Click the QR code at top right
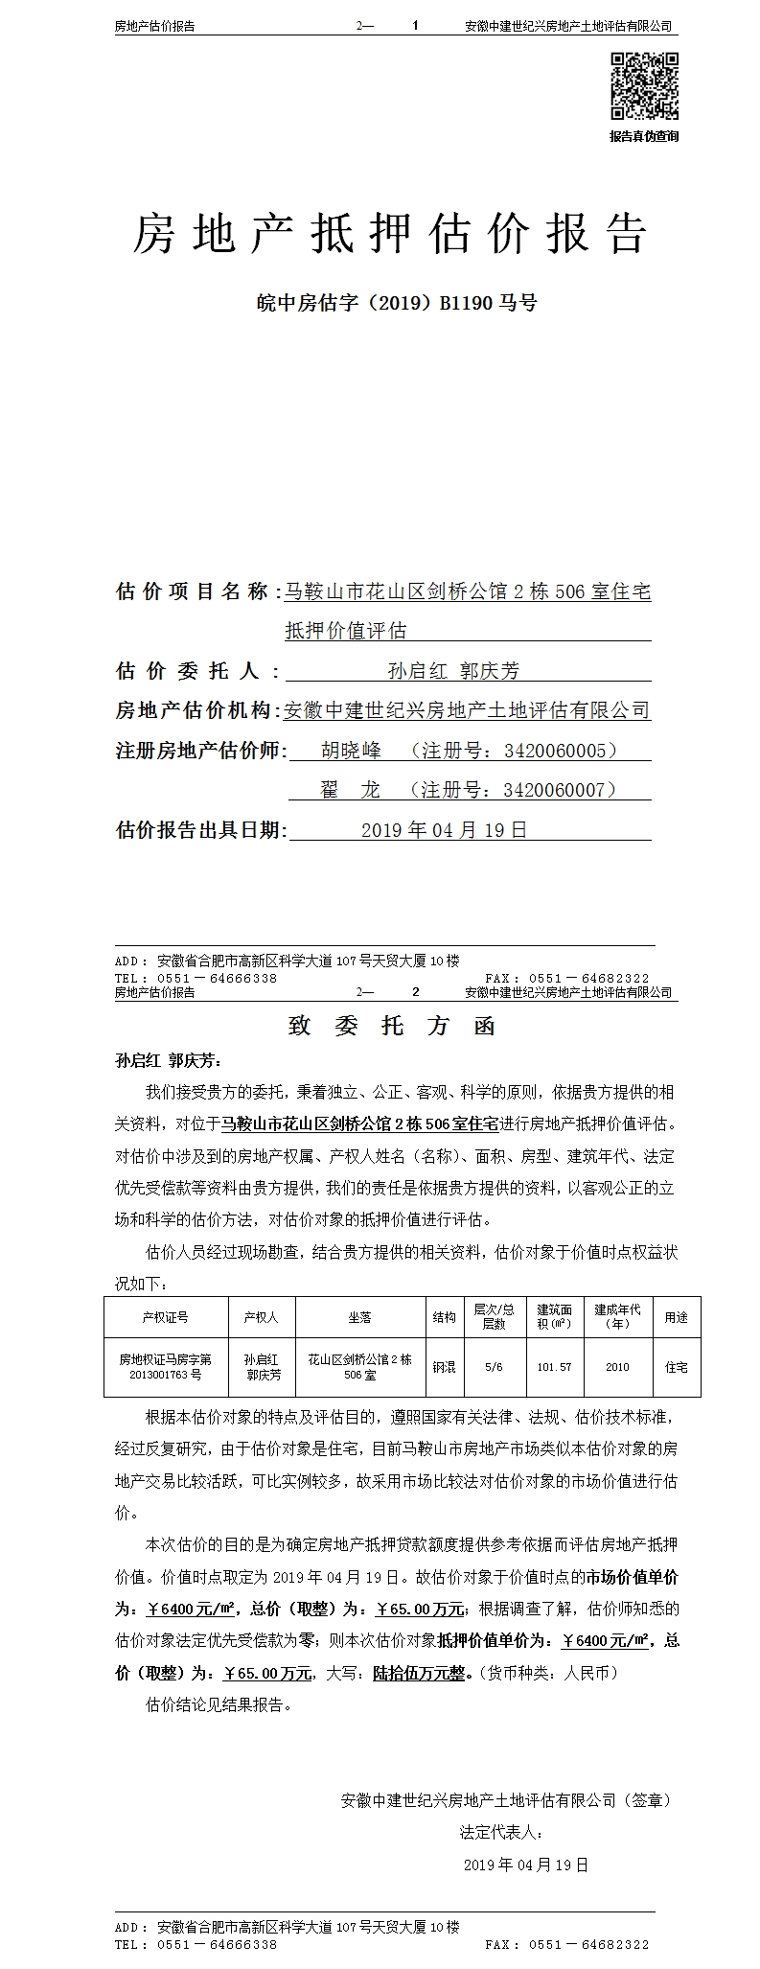click(643, 86)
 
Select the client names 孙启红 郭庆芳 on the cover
click(453, 671)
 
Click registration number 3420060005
click(560, 750)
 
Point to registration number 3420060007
click(560, 790)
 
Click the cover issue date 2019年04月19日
click(444, 830)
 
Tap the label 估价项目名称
click(192, 591)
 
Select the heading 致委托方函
click(391, 1026)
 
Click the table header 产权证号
click(166, 1317)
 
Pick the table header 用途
click(676, 1317)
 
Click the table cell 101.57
click(554, 1367)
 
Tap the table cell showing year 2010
click(617, 1367)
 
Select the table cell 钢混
click(444, 1367)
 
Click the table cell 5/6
click(495, 1367)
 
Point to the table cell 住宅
click(676, 1367)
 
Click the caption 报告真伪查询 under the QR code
click(644, 137)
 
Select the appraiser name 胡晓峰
click(351, 750)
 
